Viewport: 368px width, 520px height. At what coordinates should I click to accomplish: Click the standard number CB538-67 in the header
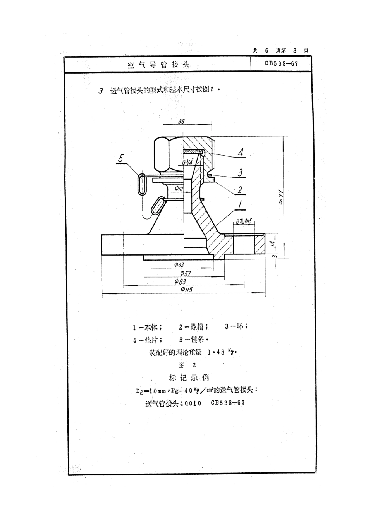(x=281, y=64)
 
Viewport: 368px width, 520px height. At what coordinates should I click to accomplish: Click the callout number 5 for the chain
(x=121, y=158)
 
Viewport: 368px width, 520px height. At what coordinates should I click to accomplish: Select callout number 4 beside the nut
(x=241, y=152)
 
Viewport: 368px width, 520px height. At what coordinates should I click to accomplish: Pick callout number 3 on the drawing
(x=240, y=172)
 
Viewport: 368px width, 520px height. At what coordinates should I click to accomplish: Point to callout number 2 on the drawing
(x=240, y=189)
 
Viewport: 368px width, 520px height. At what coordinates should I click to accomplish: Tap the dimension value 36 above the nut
(x=181, y=121)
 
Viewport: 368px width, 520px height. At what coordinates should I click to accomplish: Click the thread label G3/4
(x=187, y=163)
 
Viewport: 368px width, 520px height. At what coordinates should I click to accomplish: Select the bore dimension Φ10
(x=179, y=189)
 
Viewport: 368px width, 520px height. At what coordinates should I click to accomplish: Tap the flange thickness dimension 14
(x=272, y=244)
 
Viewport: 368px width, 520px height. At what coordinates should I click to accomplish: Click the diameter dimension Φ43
(x=179, y=265)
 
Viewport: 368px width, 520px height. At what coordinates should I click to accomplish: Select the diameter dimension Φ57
(x=180, y=273)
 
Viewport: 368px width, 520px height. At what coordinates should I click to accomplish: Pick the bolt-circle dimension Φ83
(x=180, y=281)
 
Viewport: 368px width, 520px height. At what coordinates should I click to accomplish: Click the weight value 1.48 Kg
(x=222, y=352)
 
